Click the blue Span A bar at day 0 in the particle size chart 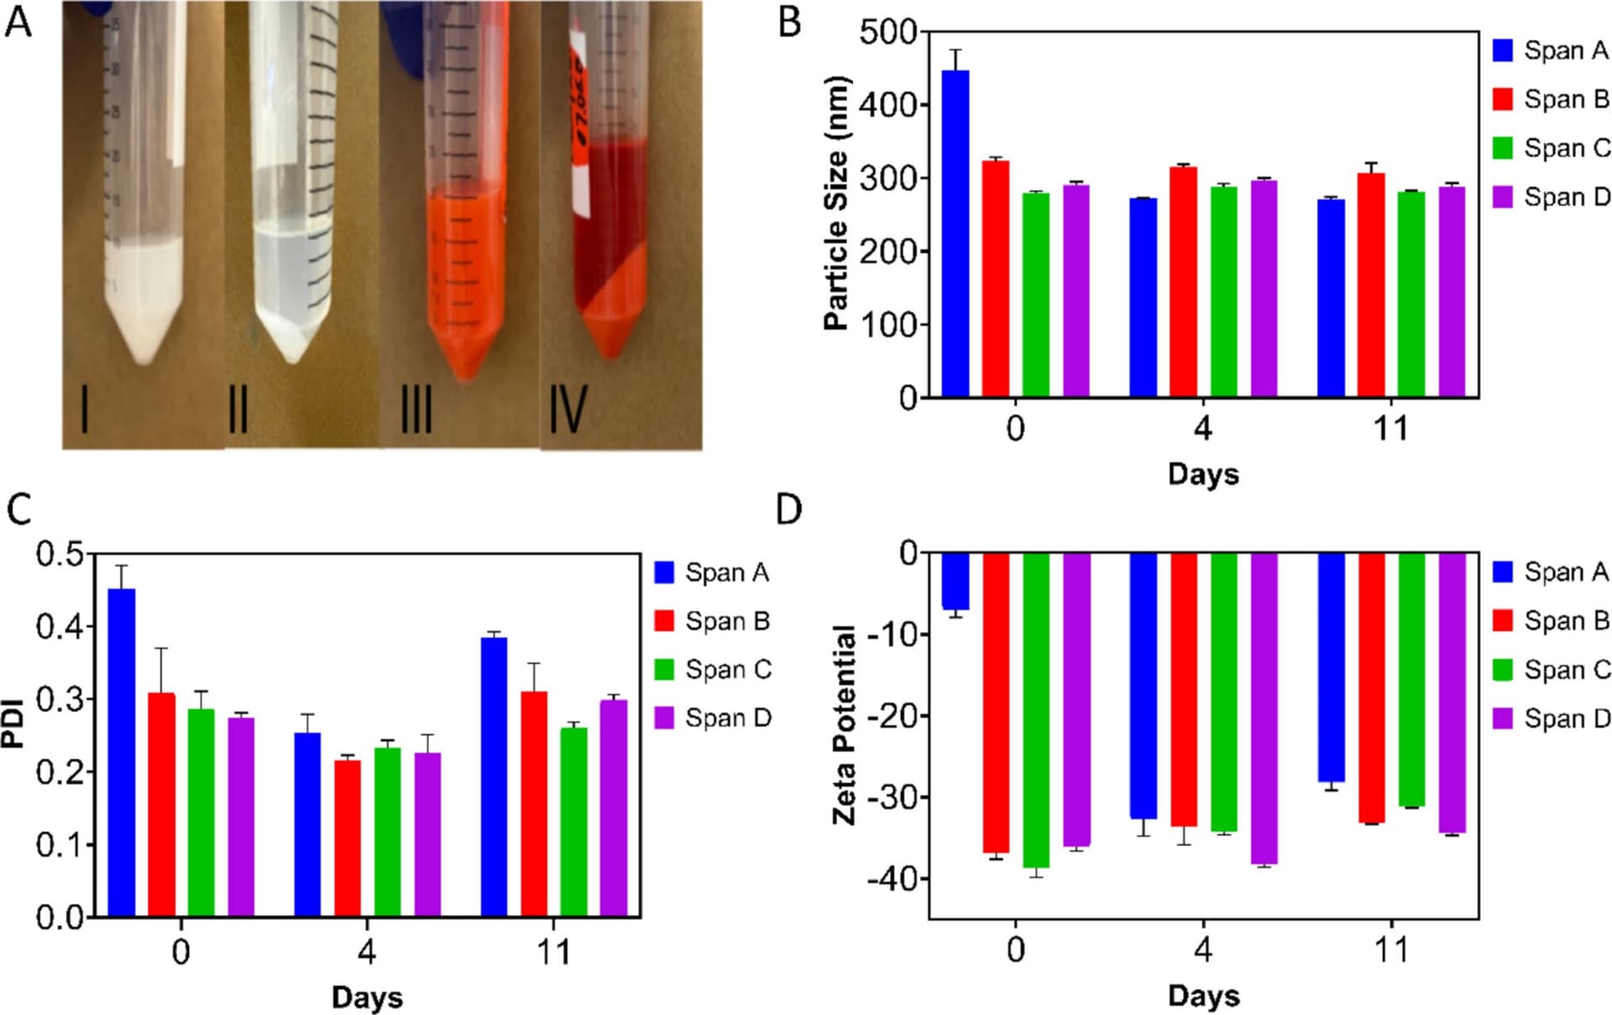pyautogui.click(x=955, y=235)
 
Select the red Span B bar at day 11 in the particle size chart pyautogui.click(x=1371, y=285)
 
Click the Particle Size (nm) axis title pyautogui.click(x=837, y=204)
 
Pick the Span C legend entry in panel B pyautogui.click(x=1552, y=149)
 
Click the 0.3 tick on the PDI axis pyautogui.click(x=60, y=699)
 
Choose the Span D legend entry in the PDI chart pyautogui.click(x=713, y=719)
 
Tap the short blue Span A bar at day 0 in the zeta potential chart pyautogui.click(x=955, y=581)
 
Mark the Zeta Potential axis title pyautogui.click(x=844, y=725)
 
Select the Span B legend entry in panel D pyautogui.click(x=1552, y=621)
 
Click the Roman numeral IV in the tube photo pyautogui.click(x=568, y=410)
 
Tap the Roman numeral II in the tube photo pyautogui.click(x=238, y=410)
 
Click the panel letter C pyautogui.click(x=18, y=510)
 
